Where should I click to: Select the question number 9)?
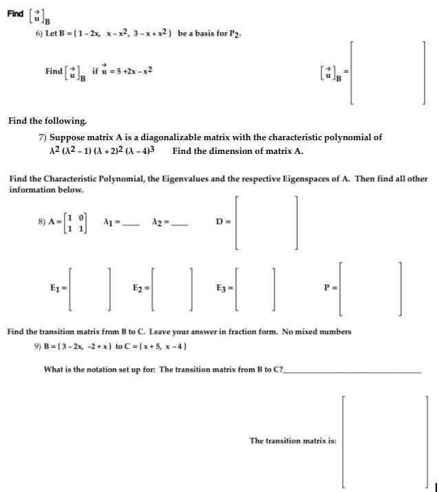[x=39, y=346]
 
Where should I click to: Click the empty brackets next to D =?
[x=266, y=222]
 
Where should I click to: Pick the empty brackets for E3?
[x=255, y=287]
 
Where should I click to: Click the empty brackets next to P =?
[x=371, y=287]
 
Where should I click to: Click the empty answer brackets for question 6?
[x=387, y=72]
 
